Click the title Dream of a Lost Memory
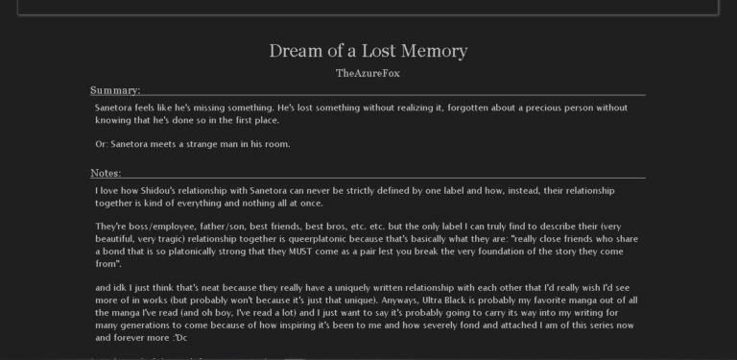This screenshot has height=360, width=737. [368, 50]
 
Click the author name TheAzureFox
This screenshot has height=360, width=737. [368, 73]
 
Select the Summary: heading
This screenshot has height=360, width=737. [115, 90]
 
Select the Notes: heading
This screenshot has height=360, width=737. [106, 173]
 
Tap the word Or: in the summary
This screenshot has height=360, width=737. [103, 144]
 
